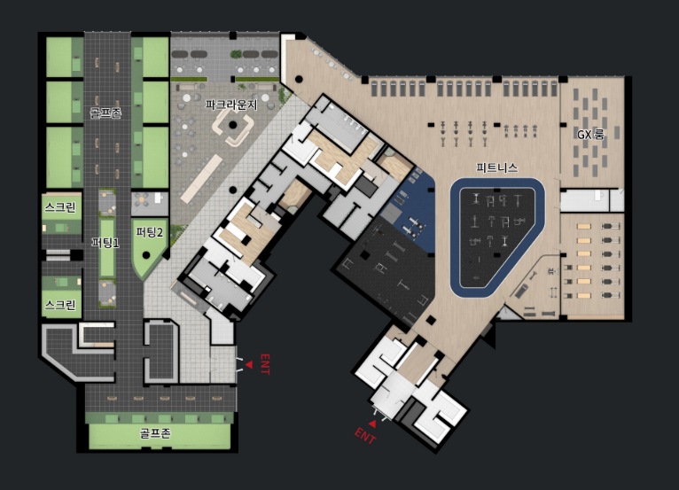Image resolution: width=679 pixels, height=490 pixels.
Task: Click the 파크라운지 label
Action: [231, 105]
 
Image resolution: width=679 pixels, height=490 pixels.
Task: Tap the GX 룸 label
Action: [589, 135]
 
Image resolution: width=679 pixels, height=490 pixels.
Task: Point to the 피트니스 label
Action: [496, 167]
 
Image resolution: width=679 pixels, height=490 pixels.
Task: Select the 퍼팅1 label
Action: [105, 243]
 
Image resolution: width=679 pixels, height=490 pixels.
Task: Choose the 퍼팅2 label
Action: [150, 232]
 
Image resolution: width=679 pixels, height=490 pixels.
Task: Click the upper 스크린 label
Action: [60, 207]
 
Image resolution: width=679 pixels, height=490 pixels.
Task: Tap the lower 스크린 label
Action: [60, 305]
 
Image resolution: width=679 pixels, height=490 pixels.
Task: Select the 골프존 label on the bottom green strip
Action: [155, 433]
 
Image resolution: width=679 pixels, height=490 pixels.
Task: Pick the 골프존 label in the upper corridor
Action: [105, 113]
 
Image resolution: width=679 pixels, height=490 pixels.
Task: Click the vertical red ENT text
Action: [265, 364]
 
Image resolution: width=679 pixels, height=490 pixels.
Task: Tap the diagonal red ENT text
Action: [365, 436]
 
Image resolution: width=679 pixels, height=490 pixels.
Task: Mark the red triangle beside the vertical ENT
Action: [249, 365]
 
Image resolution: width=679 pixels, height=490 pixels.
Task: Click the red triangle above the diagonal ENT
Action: [372, 424]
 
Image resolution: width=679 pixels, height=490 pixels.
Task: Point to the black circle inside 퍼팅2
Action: [146, 255]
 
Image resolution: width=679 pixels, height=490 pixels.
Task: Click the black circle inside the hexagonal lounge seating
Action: [233, 125]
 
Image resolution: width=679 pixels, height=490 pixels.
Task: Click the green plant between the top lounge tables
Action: [236, 54]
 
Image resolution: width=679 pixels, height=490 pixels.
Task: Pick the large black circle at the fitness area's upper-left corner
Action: [299, 80]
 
